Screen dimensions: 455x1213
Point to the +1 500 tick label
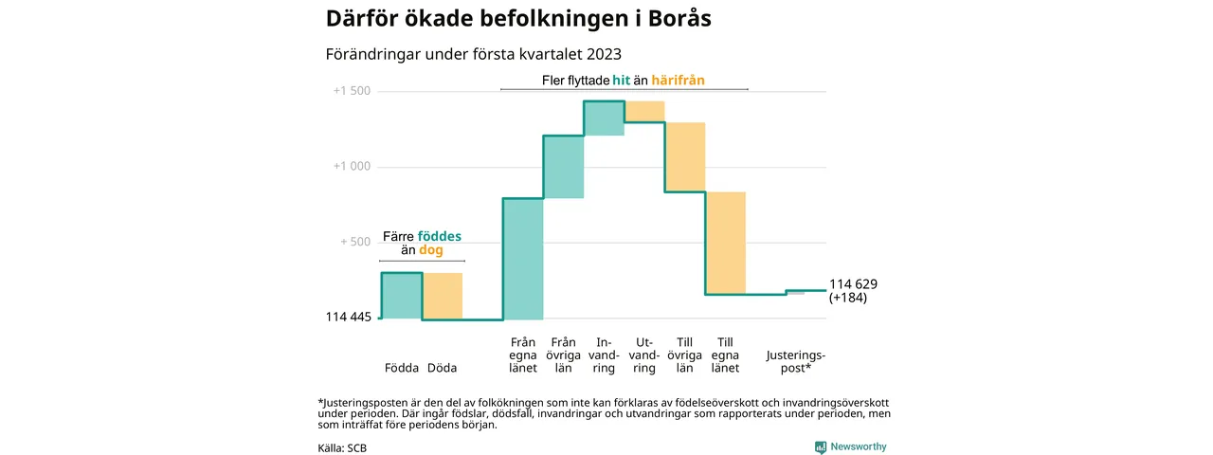(x=352, y=92)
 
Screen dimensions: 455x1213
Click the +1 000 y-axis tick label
(x=352, y=167)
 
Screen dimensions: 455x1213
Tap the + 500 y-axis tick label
(x=355, y=242)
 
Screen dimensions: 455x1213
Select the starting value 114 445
(x=349, y=318)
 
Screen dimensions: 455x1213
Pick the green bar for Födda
(x=401, y=296)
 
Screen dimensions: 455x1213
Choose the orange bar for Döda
(x=443, y=296)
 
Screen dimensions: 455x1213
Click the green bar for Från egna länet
(x=523, y=259)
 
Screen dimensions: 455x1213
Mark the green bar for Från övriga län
(x=563, y=167)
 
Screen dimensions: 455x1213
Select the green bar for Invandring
(x=604, y=118)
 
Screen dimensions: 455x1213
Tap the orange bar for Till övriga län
(x=685, y=156)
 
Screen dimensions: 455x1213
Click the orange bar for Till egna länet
(x=726, y=243)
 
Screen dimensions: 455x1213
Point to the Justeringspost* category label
(x=795, y=361)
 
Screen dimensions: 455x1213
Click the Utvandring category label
(x=644, y=355)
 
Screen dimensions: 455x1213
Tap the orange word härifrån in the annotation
(x=679, y=81)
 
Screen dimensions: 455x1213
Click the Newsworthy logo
(x=851, y=446)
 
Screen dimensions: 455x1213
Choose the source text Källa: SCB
(x=342, y=447)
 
